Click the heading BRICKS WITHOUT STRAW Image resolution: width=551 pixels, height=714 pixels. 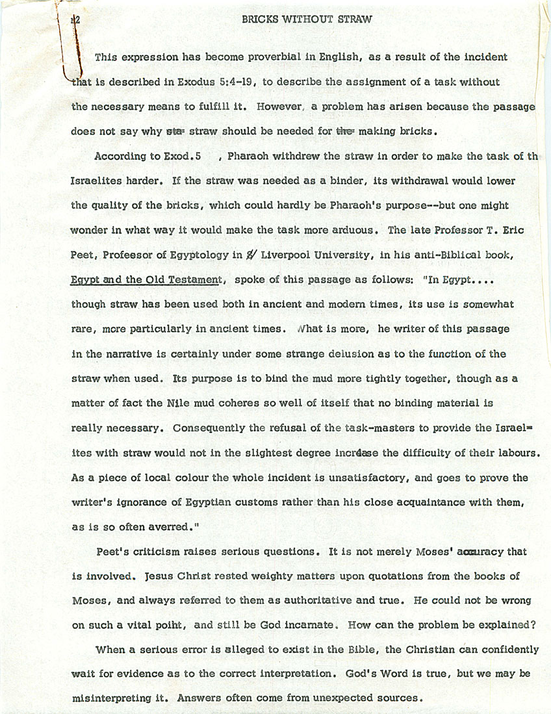[x=307, y=19]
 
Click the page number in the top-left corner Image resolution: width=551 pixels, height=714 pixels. [x=75, y=20]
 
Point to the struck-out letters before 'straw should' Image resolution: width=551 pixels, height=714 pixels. [x=175, y=131]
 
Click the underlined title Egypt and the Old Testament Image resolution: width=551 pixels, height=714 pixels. [x=147, y=280]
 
